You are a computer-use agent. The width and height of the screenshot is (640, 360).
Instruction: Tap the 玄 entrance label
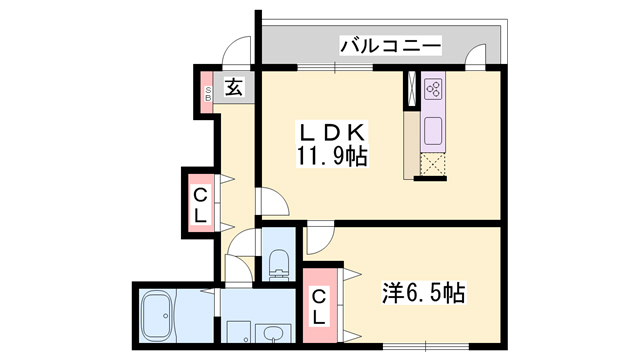coord(233,88)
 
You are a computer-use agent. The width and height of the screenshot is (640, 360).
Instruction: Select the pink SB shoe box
coord(208,95)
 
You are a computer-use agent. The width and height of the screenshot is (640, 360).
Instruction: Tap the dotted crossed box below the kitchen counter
coord(432,166)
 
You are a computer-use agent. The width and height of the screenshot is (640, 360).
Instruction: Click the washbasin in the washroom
coord(269,334)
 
